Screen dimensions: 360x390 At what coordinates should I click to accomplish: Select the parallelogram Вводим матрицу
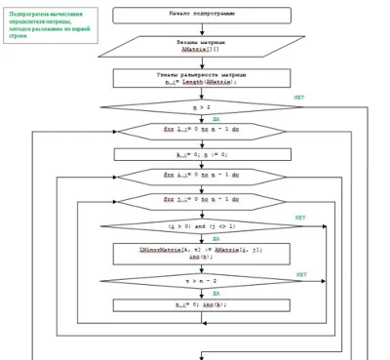coord(202,46)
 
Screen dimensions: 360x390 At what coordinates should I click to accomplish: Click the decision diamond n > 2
coord(202,104)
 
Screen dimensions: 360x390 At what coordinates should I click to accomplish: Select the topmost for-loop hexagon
coord(202,129)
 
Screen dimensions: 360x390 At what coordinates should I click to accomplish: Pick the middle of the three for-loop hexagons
coord(202,176)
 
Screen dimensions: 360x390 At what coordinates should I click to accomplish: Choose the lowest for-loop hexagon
coord(202,200)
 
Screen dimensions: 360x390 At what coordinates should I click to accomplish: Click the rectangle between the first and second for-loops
coord(202,153)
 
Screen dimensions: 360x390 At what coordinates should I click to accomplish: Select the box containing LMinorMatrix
coord(202,253)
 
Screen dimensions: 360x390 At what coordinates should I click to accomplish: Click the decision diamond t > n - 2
coord(202,279)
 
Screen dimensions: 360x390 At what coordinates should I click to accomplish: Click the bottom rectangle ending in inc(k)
coord(202,304)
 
